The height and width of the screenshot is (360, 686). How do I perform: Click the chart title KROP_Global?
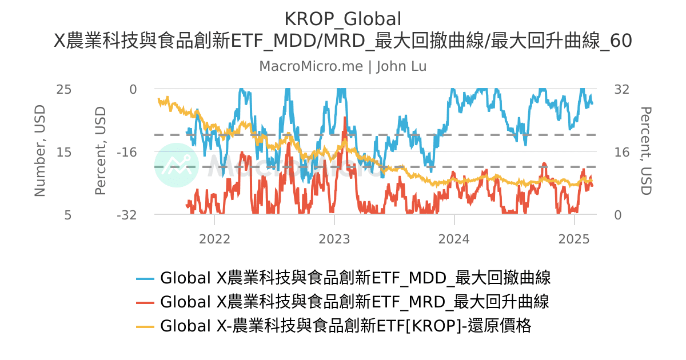tap(342, 18)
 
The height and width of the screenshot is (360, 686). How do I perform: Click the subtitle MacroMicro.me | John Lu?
tap(342, 66)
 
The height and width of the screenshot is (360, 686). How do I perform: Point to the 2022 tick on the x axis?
tap(214, 238)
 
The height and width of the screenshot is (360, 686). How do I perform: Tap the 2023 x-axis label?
tap(334, 238)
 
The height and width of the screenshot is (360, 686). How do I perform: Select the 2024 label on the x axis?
tap(454, 238)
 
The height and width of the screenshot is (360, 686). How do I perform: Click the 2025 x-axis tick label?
tap(574, 238)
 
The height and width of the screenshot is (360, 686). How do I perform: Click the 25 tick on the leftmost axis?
tap(63, 89)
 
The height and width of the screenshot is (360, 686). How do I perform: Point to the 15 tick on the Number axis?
tap(63, 152)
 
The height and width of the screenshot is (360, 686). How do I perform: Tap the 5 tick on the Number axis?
tap(67, 215)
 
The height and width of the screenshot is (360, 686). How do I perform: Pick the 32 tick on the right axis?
tap(621, 89)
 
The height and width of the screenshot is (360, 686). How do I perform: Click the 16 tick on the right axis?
tap(621, 152)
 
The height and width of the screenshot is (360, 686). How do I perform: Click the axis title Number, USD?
tap(39, 151)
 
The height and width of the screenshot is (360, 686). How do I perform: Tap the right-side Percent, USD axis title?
tap(645, 151)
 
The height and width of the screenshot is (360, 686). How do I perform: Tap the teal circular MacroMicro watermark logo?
tap(177, 165)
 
